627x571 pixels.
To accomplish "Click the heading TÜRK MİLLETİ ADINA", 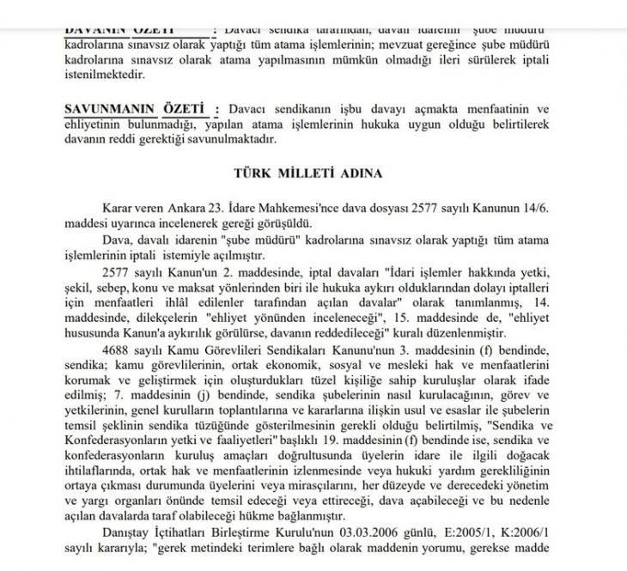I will click(308, 173).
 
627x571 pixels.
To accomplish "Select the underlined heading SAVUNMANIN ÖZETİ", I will click(137, 110).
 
